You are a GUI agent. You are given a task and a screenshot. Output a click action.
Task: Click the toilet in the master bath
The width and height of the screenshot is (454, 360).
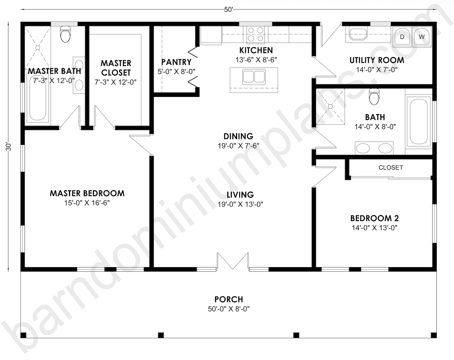[65, 34]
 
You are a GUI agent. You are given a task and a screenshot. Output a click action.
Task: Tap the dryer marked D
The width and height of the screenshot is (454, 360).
[402, 37]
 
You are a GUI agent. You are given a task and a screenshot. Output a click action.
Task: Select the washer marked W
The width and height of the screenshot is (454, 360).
[422, 37]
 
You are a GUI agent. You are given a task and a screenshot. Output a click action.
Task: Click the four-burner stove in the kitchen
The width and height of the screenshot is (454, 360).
[256, 34]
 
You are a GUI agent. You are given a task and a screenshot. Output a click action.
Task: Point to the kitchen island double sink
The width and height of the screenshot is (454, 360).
[254, 77]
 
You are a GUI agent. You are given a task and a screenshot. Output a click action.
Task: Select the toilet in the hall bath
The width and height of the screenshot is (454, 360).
[374, 97]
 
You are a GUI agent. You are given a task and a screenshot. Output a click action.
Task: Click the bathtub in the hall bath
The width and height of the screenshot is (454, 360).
[418, 121]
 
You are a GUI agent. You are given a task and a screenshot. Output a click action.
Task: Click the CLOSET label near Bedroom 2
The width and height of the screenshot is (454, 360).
[391, 167]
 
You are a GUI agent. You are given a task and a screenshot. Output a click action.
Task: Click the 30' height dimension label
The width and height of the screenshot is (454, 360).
[8, 147]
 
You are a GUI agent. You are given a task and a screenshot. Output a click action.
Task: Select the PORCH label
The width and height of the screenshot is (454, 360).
[229, 299]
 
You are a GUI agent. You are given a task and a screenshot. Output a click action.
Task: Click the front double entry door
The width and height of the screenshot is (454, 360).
[233, 262]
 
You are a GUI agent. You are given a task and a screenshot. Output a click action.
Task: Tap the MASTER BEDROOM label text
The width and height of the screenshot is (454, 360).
[87, 193]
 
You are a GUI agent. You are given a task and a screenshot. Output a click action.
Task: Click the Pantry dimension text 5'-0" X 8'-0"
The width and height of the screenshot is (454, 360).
[177, 72]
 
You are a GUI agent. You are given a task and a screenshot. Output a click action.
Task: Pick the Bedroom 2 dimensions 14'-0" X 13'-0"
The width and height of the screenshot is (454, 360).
[374, 228]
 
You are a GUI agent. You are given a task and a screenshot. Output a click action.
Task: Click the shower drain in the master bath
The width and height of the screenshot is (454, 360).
[38, 48]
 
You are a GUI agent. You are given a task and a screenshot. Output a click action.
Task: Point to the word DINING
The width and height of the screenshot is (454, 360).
[239, 136]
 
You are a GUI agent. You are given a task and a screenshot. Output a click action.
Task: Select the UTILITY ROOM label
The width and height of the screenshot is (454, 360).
[377, 60]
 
